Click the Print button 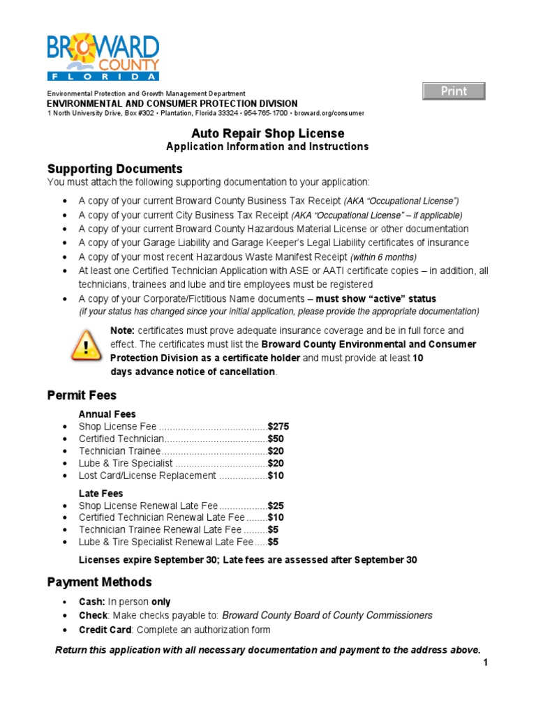(x=454, y=91)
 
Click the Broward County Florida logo (x=103, y=57)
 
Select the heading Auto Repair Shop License (x=267, y=133)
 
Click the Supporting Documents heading (x=114, y=169)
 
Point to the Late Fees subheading (x=101, y=493)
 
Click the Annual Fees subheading (x=107, y=414)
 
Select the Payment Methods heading (x=99, y=582)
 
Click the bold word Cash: (x=92, y=602)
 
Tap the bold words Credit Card (x=105, y=630)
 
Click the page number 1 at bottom (x=485, y=663)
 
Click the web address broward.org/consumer (x=329, y=113)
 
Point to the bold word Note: (x=123, y=331)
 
